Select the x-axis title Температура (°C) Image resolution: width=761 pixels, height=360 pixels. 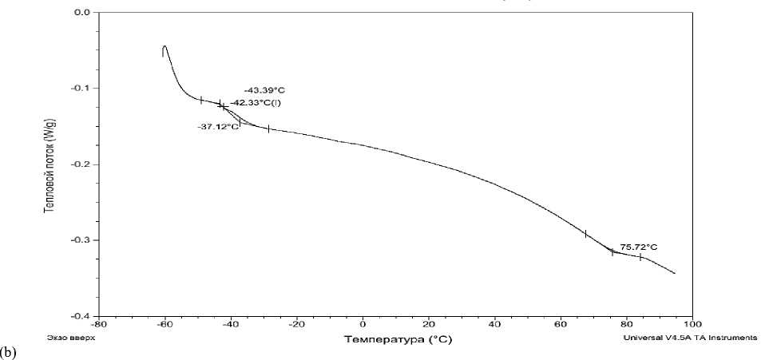395,339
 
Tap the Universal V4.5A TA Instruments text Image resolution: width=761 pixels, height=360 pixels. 689,338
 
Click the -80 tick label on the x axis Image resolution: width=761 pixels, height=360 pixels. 98,325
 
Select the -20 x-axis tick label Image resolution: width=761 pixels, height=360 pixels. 296,325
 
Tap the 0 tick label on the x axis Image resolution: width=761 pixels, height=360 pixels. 363,325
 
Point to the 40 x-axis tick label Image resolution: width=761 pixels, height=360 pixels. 494,325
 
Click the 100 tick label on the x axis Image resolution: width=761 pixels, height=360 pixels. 692,325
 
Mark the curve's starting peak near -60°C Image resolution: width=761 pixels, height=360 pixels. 164,46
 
